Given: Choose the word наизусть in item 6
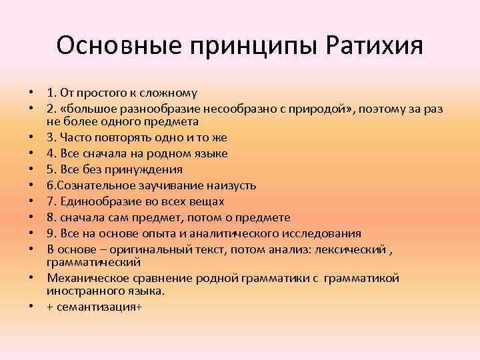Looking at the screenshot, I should [x=233, y=185].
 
